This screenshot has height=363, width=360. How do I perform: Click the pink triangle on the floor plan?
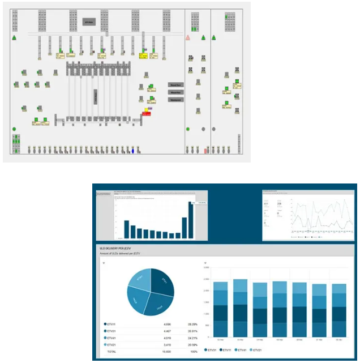click(188, 37)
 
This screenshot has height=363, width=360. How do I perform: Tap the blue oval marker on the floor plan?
click(133, 151)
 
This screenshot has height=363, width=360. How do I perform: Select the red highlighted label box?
click(146, 114)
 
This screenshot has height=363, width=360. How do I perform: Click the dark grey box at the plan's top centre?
click(89, 22)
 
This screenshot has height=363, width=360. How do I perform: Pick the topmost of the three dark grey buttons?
click(175, 84)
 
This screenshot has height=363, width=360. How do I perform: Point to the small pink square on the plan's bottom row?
click(205, 151)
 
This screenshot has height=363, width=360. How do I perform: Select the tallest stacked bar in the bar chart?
click(240, 308)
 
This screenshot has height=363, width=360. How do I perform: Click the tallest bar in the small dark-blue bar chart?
click(191, 220)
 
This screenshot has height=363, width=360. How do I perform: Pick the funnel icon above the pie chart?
click(104, 263)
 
